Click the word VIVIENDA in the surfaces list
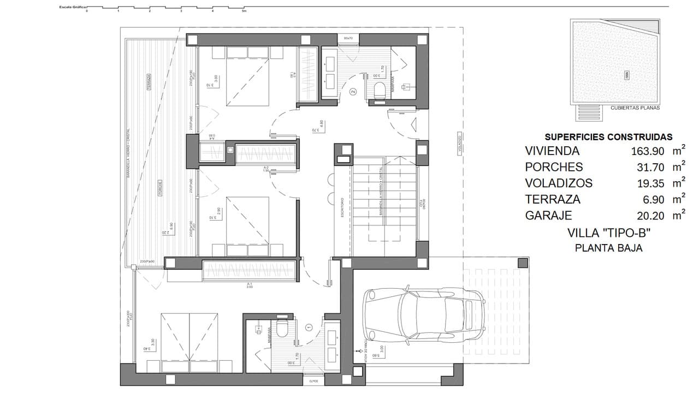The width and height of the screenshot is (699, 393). tap(552, 151)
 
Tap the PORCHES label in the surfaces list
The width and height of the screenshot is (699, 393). tap(554, 167)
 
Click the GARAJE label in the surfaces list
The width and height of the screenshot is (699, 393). tap(549, 216)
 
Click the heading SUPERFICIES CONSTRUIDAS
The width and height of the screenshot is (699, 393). tap(608, 137)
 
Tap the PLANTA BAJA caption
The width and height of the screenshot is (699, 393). tap(608, 248)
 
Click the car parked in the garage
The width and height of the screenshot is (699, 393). tap(424, 313)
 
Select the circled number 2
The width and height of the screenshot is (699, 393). tap(353, 92)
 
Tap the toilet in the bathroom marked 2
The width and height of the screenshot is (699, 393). tap(380, 90)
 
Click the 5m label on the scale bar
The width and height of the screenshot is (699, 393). tap(244, 11)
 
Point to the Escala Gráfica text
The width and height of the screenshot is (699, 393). tap(73, 7)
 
